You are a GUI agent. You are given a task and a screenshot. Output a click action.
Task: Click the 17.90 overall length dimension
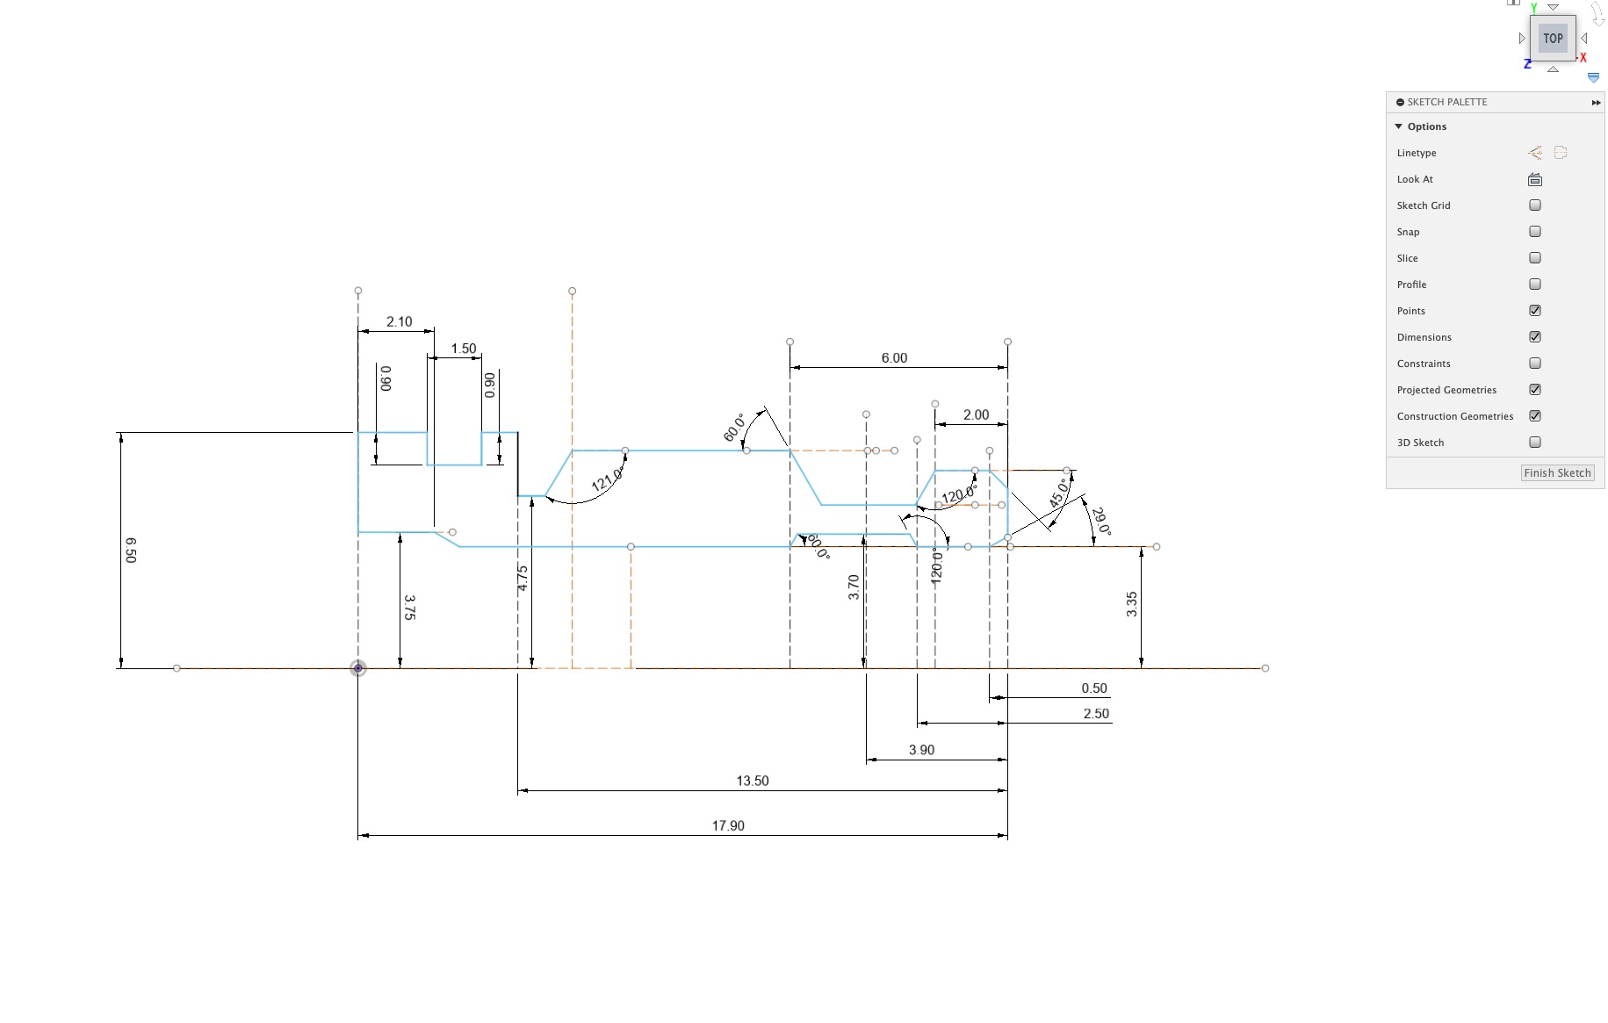728,825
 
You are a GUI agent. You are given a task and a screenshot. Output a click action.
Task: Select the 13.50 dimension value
753,781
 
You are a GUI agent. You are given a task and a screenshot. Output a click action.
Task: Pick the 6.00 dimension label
894,358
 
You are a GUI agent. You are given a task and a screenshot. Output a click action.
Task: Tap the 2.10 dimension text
400,322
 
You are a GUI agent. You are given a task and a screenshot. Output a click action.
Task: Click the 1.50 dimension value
464,349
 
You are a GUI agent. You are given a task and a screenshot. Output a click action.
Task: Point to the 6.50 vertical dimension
131,551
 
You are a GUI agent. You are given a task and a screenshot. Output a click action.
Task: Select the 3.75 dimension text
409,608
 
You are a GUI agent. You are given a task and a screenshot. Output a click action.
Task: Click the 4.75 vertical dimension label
523,578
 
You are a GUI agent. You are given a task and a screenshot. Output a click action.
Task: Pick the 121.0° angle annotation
606,479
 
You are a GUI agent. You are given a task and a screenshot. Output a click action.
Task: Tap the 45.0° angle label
1060,493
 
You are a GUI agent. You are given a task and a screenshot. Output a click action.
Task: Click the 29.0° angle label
1100,522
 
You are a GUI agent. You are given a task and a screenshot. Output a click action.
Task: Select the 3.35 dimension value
1132,604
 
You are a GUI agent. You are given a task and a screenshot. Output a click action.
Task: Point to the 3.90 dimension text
921,750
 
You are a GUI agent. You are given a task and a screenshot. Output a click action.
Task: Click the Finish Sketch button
1557,472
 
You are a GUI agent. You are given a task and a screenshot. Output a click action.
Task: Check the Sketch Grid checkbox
1535,205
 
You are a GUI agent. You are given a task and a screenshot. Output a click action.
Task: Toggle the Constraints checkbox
1535,364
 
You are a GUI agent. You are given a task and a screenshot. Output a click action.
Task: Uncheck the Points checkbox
1535,311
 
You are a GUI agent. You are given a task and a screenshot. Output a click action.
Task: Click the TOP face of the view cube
1553,39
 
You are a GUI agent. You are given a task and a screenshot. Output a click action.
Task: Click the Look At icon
1535,179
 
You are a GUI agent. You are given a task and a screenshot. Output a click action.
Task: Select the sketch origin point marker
358,668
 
